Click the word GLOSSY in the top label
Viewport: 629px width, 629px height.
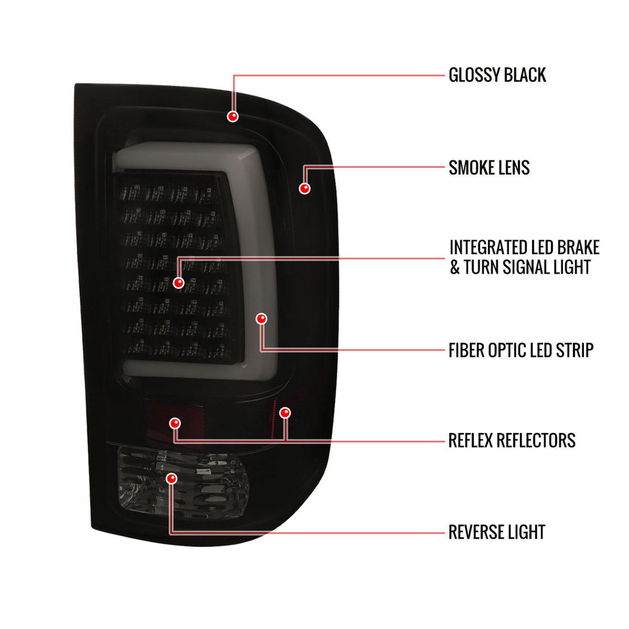coord(474,75)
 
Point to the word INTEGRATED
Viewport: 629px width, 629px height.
coord(486,247)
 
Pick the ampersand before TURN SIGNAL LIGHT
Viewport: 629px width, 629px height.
coord(455,267)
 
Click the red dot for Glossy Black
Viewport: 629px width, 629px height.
coord(233,116)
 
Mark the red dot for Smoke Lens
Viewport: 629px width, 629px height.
coord(305,188)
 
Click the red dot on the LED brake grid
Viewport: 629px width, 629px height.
coord(179,283)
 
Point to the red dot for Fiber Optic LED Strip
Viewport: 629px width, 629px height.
coord(262,319)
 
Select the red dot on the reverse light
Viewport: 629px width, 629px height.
coord(172,478)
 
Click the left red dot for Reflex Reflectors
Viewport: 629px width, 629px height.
coord(175,423)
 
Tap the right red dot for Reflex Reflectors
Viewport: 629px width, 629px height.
coord(285,413)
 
